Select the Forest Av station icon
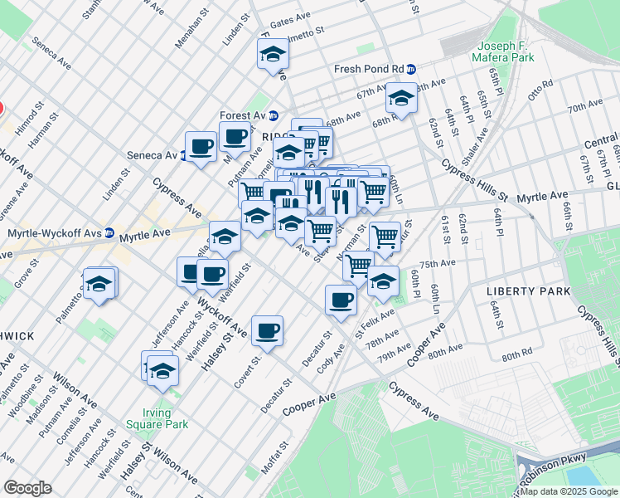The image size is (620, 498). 273,115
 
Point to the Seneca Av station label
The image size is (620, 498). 152,155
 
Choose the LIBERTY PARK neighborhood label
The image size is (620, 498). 528,291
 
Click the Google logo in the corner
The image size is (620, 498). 27,488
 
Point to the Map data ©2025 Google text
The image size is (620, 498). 569,491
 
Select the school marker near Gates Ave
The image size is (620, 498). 272,55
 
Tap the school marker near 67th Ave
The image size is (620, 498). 401,100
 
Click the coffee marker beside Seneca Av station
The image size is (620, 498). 201,147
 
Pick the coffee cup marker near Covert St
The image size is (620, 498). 267,331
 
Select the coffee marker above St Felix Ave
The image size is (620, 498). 340,300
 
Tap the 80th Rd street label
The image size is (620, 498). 516,355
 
